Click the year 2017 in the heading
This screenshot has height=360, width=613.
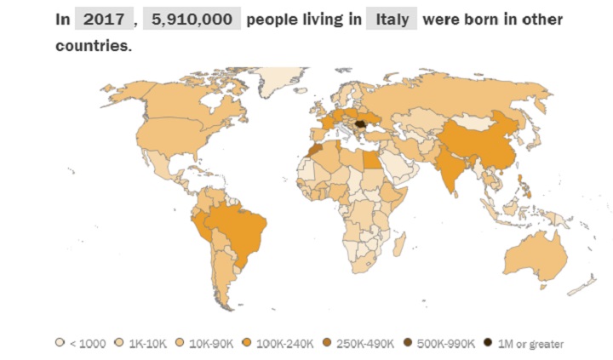coord(103,19)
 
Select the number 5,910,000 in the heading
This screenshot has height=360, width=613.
coord(192,19)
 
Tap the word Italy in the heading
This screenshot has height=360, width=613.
coord(391,19)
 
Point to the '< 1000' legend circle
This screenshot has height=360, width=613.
coord(60,343)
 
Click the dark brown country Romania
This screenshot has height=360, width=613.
coord(364,125)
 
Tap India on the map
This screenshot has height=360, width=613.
coord(452,167)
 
